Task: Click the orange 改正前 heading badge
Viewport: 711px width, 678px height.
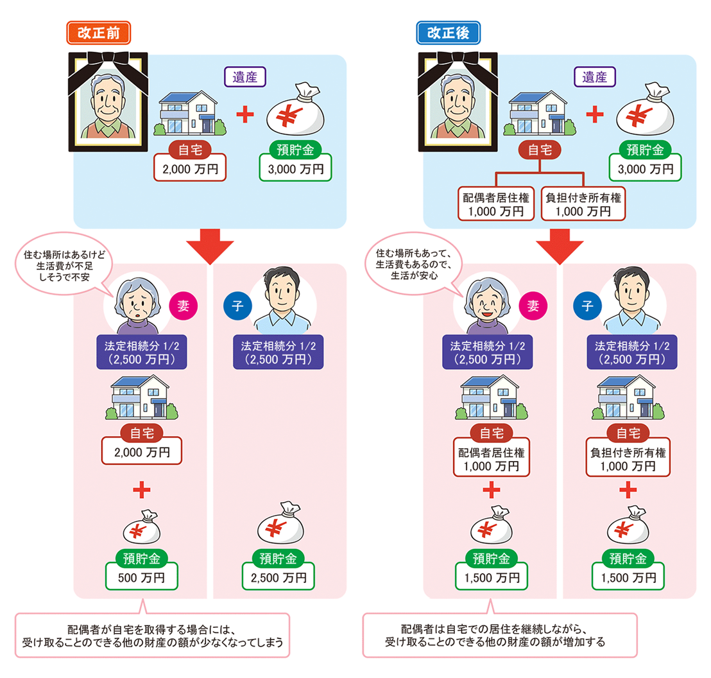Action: tap(98, 33)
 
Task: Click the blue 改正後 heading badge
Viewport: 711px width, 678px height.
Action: tap(448, 33)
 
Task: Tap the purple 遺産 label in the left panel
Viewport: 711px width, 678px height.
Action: tap(245, 76)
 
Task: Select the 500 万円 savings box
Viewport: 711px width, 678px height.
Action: tap(141, 577)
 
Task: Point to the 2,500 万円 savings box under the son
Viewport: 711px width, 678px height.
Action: tap(278, 577)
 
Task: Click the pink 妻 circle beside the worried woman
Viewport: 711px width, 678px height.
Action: tap(183, 306)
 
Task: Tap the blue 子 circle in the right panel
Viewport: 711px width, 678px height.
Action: tap(587, 306)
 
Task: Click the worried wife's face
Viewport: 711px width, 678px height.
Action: tap(138, 302)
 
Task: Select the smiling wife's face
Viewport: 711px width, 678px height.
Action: tap(488, 302)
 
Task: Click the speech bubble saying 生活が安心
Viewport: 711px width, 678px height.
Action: tap(413, 264)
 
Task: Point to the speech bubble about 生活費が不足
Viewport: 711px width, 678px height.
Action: tap(64, 264)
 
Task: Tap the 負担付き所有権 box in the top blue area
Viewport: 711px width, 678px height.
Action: tap(583, 204)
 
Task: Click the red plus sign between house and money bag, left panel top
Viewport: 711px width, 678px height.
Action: tap(245, 114)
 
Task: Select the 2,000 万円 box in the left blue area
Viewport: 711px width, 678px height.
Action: tap(190, 168)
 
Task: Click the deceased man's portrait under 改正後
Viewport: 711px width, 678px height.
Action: tap(458, 102)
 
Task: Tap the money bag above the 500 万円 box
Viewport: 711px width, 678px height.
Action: tap(142, 527)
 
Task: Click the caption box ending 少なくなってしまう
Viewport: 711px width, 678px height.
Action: tap(152, 636)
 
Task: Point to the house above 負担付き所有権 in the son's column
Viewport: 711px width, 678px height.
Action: tap(628, 397)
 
